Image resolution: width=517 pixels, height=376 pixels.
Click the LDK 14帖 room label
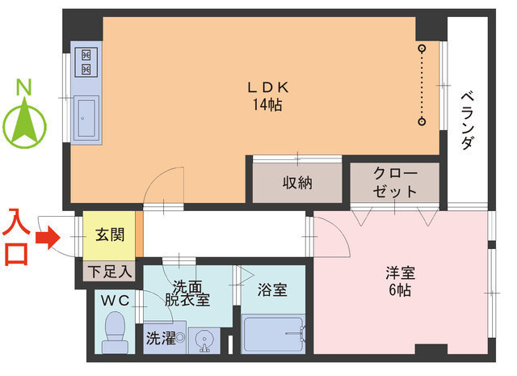click(x=268, y=96)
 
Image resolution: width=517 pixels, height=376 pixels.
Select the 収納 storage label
click(x=297, y=183)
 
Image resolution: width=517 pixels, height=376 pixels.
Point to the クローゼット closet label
click(x=395, y=184)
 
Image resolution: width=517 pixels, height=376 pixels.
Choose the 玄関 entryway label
click(x=109, y=235)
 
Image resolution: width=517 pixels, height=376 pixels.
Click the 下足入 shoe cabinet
click(x=108, y=271)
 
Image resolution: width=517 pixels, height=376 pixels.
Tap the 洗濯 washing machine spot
click(x=161, y=339)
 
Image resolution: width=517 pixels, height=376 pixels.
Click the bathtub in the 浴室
click(x=273, y=335)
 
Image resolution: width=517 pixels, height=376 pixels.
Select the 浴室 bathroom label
click(x=271, y=289)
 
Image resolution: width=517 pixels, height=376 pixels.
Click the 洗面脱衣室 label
click(x=191, y=293)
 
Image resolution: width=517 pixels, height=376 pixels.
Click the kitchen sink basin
click(x=86, y=116)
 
